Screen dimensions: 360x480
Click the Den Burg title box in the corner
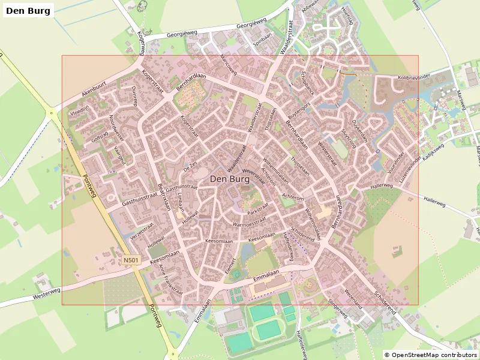tap(28, 10)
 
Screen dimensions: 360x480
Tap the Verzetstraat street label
tap(142, 231)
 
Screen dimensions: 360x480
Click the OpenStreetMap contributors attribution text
tap(431, 355)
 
